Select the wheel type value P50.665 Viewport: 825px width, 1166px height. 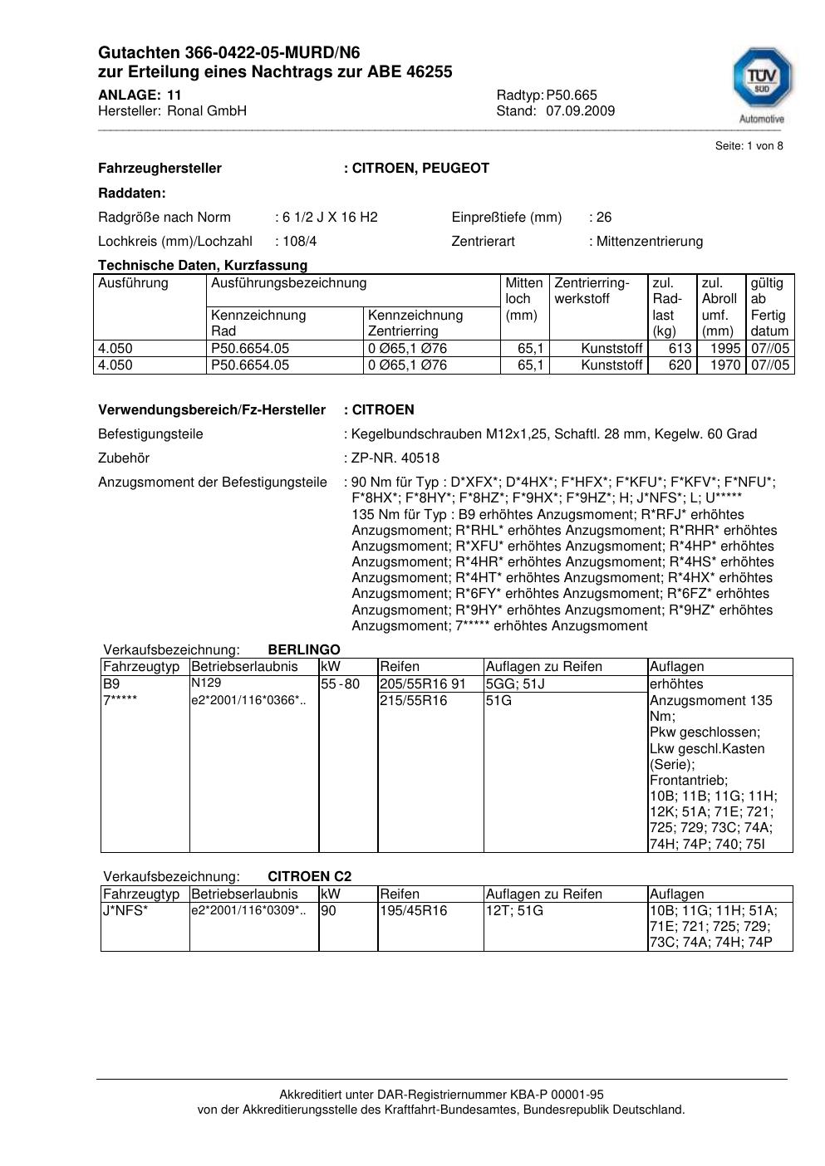[572, 96]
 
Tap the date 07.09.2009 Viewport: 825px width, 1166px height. [580, 111]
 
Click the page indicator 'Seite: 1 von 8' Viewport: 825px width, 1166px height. [749, 146]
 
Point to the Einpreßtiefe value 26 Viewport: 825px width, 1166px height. [604, 218]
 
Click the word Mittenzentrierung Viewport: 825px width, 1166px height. [649, 242]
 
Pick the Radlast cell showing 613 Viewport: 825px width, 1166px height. [680, 349]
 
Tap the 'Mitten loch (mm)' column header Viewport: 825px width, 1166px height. [524, 299]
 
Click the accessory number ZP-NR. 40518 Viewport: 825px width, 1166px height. [395, 458]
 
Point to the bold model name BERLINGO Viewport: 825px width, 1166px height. [304, 649]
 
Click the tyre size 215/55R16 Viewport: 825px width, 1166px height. [413, 701]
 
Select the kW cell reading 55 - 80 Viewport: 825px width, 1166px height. [341, 684]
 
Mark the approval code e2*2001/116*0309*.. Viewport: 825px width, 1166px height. [248, 911]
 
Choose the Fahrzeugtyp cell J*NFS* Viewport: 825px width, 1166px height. [125, 911]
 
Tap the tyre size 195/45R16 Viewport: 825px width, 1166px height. [413, 911]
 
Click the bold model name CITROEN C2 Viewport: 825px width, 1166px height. [309, 876]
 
